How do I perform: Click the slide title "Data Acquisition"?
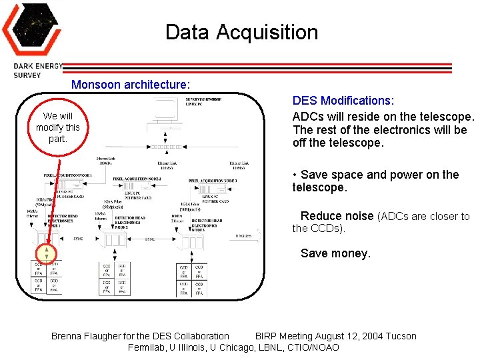click(x=241, y=32)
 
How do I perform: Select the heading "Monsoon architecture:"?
click(x=131, y=85)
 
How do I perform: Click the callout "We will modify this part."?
click(x=58, y=127)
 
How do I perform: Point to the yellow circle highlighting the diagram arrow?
click(x=47, y=253)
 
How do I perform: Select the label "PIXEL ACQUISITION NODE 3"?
click(x=213, y=181)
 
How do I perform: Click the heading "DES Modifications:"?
click(x=343, y=101)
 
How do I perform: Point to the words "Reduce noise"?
click(x=337, y=216)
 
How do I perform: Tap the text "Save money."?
click(x=335, y=253)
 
